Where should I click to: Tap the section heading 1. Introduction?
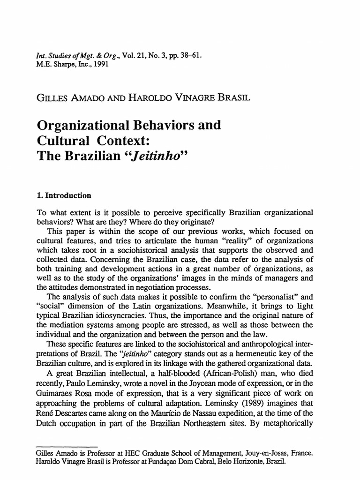pyautogui.click(x=64, y=195)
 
